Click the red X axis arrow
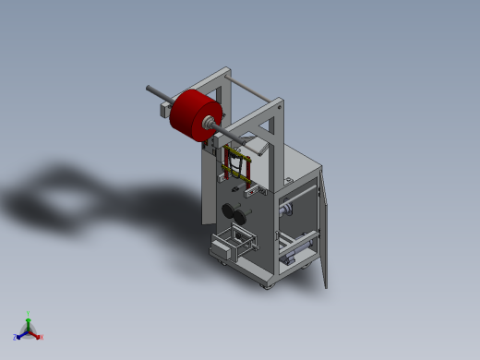pos(36,334)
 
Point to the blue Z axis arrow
pos(20,334)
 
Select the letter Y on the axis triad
pos(29,313)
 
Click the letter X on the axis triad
pos(42,337)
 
